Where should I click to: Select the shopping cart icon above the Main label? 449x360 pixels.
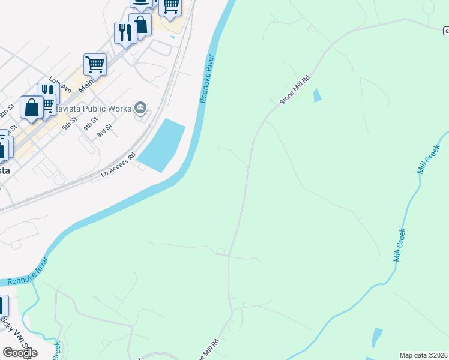coord(95,64)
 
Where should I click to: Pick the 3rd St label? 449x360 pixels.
coord(105,131)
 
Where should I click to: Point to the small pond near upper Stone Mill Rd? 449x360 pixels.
coord(316,95)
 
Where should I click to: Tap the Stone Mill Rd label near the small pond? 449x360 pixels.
coord(295,91)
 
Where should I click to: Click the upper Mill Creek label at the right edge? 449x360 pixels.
coord(429,155)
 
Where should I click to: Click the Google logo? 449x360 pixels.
coord(20,353)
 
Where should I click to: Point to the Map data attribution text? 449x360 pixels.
coord(424,355)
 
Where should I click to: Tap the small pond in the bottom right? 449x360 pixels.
coord(376,337)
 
